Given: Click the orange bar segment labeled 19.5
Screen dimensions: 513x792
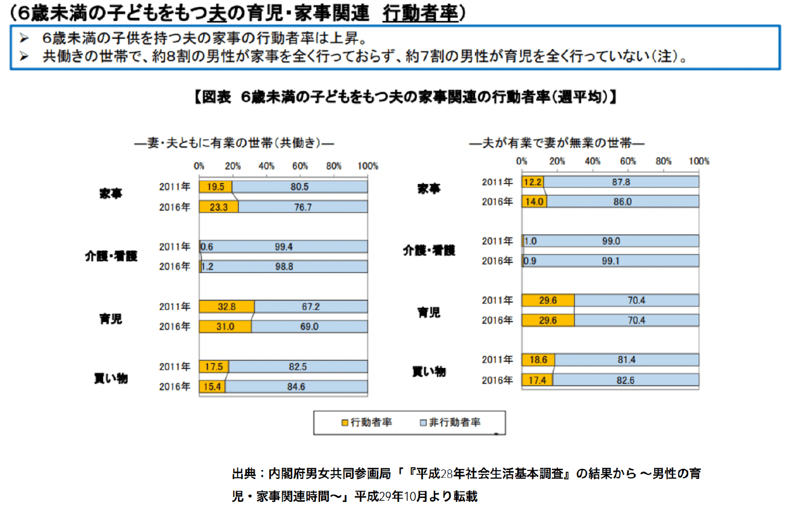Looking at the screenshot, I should [216, 187].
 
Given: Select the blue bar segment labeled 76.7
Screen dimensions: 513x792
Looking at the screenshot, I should [303, 207].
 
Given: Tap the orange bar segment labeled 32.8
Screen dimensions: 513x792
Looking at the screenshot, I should [227, 307].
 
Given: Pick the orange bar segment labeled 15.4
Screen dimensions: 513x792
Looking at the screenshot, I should [212, 387].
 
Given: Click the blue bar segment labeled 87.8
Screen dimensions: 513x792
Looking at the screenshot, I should [621, 182].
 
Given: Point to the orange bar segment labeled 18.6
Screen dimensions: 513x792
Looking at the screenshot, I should [538, 360].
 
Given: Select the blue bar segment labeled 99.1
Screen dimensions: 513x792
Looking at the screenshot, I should [610, 261].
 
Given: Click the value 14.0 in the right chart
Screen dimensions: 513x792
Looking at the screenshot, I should [535, 202].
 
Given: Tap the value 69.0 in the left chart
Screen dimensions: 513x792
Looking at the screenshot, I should [309, 327].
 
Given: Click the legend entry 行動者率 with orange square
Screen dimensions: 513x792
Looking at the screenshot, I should [367, 422].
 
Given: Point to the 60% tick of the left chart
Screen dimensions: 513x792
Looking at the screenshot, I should [300, 166].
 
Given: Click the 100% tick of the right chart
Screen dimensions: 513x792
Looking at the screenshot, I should [699, 161].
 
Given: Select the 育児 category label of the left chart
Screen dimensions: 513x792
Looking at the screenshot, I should [111, 319].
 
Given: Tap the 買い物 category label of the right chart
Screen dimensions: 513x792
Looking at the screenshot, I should [429, 372].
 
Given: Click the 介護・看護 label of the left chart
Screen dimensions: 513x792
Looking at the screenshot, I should [111, 256].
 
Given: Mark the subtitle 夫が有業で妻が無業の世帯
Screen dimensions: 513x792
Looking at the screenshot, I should [556, 143].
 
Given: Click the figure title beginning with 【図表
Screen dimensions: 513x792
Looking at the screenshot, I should [405, 97].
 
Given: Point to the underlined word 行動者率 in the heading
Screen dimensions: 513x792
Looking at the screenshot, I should [420, 13].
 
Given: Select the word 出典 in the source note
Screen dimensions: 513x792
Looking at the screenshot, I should [244, 474].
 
